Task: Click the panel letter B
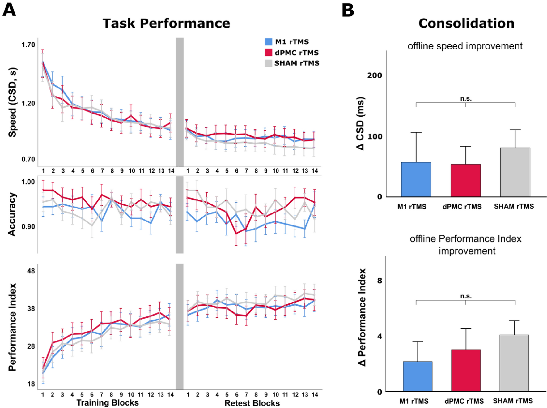coord(348,10)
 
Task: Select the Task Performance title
coord(166,24)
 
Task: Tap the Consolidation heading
coord(466,24)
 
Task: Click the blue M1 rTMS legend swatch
coord(269,42)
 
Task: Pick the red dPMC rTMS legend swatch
coord(269,53)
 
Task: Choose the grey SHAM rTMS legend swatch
coord(269,63)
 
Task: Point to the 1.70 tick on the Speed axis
coord(28,45)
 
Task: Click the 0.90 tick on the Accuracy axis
coord(28,227)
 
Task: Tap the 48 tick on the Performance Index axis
coord(31,271)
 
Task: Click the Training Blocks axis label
coord(107,403)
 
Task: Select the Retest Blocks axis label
coord(252,403)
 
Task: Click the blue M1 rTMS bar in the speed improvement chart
coord(416,179)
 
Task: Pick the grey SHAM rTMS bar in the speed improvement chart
coord(515,172)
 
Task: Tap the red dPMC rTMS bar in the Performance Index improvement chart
coord(466,370)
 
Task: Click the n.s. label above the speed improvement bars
coord(466,99)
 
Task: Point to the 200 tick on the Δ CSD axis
coord(375,75)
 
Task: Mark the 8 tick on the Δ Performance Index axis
coord(380,281)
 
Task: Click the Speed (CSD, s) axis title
coord(13,102)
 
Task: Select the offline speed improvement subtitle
coord(465,46)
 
